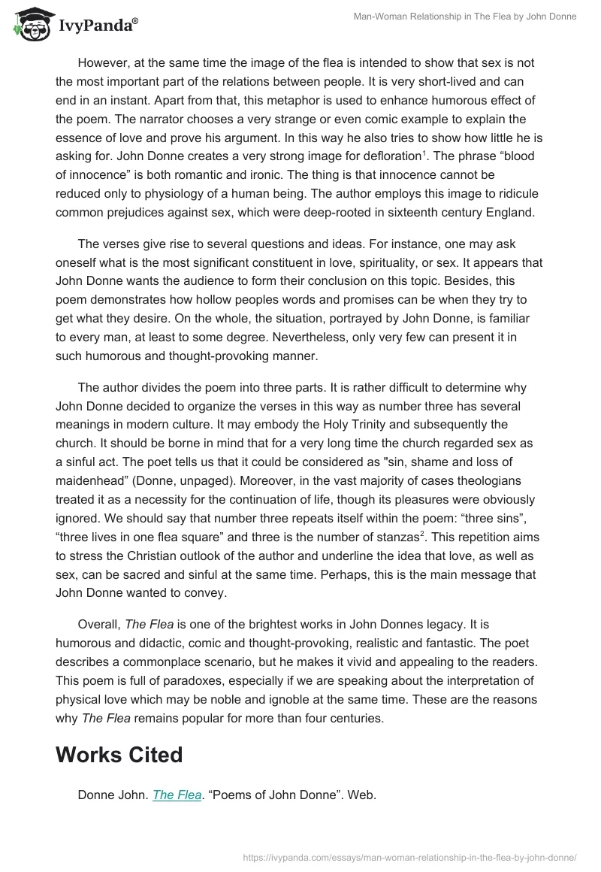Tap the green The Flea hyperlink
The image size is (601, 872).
tap(177, 795)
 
